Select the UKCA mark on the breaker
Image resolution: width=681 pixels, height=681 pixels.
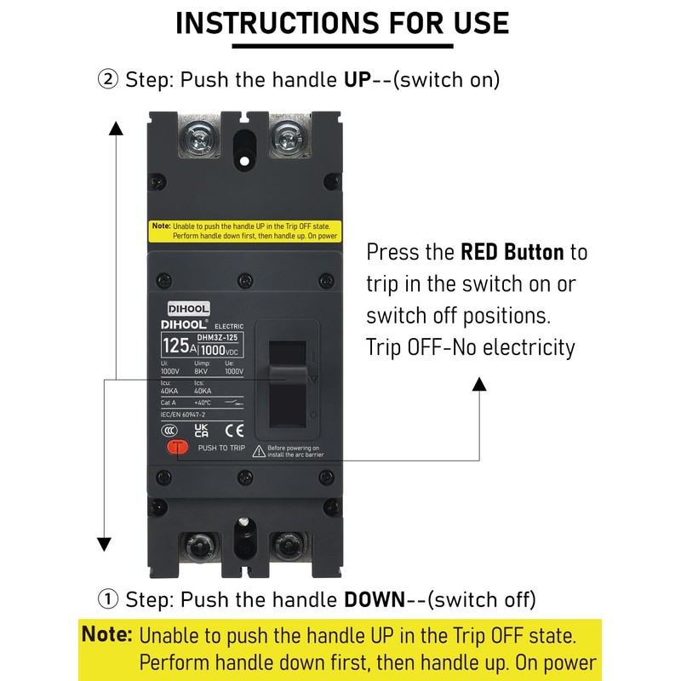(x=202, y=430)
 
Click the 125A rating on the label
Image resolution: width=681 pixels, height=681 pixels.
(x=179, y=346)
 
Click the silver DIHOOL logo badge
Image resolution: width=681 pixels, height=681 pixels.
(x=188, y=309)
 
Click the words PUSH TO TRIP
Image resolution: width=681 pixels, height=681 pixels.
(x=220, y=447)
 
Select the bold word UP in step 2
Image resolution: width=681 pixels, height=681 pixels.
(x=358, y=80)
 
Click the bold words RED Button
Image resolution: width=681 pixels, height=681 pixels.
(x=512, y=252)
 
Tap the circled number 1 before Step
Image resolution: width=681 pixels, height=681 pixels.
(x=108, y=599)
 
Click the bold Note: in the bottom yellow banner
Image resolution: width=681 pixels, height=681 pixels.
(x=107, y=635)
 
